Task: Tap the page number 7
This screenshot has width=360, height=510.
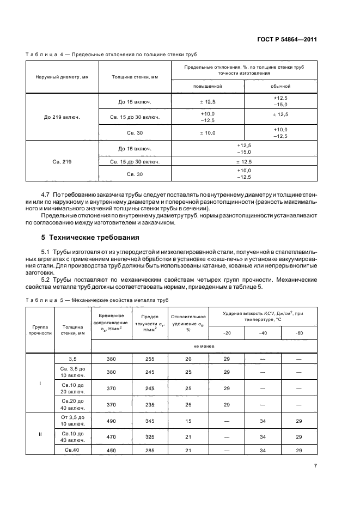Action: coord(315,466)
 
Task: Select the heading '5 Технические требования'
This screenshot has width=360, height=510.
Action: coord(83,238)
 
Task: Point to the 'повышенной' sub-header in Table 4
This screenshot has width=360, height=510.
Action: coord(208,86)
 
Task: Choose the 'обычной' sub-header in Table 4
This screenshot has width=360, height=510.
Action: coord(280,86)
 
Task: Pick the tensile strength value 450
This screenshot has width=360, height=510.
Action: coord(111,450)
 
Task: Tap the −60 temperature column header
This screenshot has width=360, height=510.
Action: coord(298,332)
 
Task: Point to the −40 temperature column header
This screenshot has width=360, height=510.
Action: coord(263,332)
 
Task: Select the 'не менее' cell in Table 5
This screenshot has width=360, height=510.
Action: coord(204,346)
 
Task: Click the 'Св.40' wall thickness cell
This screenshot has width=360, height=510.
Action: coord(73,450)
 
